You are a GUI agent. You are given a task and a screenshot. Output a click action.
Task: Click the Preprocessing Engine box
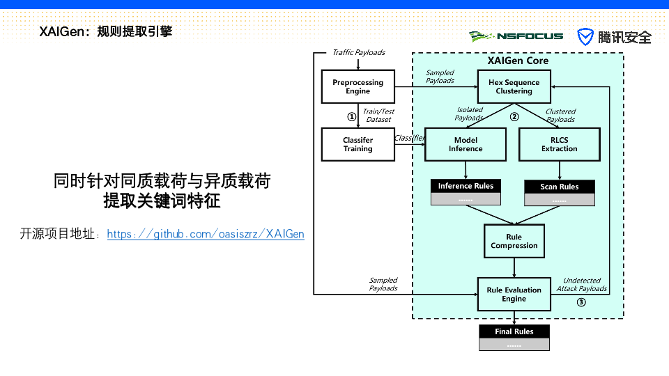click(x=358, y=86)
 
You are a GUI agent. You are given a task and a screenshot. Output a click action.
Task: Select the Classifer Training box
click(x=358, y=145)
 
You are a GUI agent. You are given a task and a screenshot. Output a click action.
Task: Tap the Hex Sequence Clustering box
click(x=514, y=86)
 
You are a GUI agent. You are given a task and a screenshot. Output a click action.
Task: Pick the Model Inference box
click(x=466, y=145)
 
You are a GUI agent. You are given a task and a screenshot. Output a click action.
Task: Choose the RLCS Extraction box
click(x=560, y=145)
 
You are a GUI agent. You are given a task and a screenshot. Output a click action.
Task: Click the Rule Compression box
click(x=514, y=242)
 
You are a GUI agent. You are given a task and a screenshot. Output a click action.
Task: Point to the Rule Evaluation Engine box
click(x=514, y=294)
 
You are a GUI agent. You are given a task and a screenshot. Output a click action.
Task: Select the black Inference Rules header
click(x=466, y=186)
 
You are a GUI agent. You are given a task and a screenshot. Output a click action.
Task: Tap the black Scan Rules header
click(x=560, y=187)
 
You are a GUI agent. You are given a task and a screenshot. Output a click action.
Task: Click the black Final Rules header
click(x=514, y=331)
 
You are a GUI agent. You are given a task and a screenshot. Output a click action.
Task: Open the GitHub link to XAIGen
click(x=205, y=234)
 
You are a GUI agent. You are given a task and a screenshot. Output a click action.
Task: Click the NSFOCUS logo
click(x=516, y=36)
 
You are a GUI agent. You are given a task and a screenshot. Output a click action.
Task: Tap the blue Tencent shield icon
click(x=585, y=37)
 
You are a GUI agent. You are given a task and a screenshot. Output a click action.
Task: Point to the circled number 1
click(x=351, y=116)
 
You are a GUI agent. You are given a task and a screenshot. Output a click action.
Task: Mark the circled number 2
click(x=514, y=116)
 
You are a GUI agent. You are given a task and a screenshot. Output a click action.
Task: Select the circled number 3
click(x=581, y=302)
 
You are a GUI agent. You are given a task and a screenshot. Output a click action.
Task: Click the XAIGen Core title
click(x=518, y=61)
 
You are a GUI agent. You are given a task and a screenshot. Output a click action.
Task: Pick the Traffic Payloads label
click(x=359, y=52)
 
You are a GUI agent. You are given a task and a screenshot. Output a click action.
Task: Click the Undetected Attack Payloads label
click(x=581, y=284)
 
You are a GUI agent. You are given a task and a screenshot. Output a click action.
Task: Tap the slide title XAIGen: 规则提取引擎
click(x=105, y=31)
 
